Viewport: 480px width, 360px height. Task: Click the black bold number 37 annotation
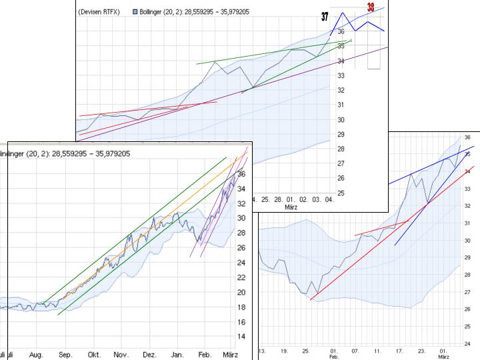(x=325, y=17)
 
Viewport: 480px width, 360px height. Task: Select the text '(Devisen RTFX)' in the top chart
(x=99, y=12)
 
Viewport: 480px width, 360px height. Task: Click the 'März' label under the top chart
(x=291, y=207)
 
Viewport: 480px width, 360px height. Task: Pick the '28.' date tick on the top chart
(x=279, y=199)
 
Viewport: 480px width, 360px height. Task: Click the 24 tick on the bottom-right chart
(x=467, y=343)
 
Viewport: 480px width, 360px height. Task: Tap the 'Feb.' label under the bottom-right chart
(x=334, y=357)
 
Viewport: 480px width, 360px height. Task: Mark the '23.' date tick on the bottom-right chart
(x=421, y=351)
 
